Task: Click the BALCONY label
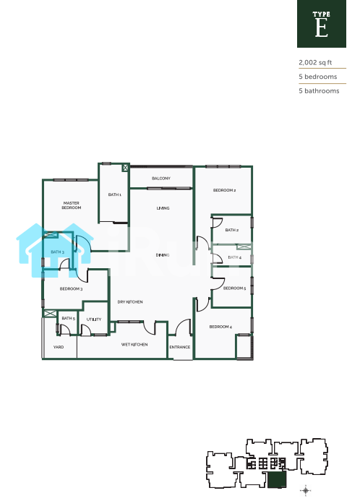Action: click(x=161, y=179)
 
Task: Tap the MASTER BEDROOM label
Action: click(x=72, y=205)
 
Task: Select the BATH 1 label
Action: click(x=115, y=194)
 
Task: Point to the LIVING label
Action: click(x=163, y=208)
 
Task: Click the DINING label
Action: click(x=163, y=255)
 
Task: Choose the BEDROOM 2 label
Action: click(x=224, y=190)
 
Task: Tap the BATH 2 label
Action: click(x=232, y=230)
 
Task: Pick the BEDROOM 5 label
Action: click(x=234, y=288)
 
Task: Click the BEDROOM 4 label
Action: click(x=220, y=327)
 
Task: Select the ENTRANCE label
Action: click(x=180, y=347)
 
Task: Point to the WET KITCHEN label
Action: click(x=134, y=344)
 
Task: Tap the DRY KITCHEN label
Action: click(x=130, y=301)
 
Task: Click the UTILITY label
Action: click(x=94, y=320)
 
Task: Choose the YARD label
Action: click(x=59, y=347)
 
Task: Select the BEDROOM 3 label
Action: click(x=71, y=289)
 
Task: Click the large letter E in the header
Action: click(x=322, y=27)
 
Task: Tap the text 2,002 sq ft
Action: click(x=315, y=63)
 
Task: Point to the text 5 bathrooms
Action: click(x=319, y=91)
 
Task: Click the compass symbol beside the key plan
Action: click(x=306, y=490)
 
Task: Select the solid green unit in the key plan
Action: click(x=277, y=480)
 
